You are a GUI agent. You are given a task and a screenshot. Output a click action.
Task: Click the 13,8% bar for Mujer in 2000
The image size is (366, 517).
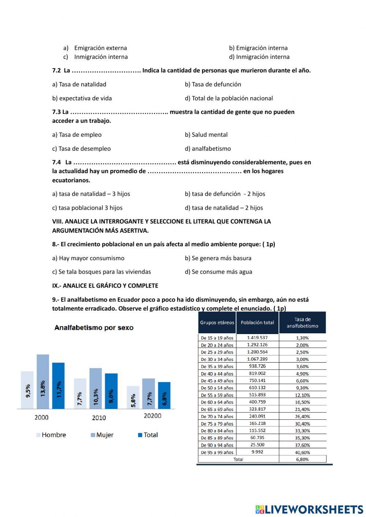pos(43,382)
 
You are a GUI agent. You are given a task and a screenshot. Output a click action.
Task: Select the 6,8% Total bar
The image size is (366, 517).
pos(164,396)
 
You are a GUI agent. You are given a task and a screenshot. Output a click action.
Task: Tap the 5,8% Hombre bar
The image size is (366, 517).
pos(133,397)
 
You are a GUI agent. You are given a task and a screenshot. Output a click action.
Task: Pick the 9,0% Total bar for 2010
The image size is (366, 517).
pos(111,391)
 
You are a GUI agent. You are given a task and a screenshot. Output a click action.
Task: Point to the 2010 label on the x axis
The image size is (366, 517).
pos(99,417)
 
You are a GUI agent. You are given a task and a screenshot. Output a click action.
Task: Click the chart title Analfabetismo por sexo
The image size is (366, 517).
pos(94,328)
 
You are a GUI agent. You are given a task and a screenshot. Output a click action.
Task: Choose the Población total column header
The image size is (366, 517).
pos(257,322)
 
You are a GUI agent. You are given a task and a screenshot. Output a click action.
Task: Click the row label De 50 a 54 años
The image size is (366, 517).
pos(217,388)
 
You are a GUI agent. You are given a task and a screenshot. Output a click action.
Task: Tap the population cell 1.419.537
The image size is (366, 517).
pos(257,338)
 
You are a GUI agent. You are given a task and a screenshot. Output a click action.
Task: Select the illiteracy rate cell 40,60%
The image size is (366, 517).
pos(302,453)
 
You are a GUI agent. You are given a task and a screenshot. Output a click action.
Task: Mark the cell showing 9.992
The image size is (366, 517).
pos(257,452)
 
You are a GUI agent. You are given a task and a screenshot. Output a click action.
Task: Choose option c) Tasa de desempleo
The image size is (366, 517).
pos(81,149)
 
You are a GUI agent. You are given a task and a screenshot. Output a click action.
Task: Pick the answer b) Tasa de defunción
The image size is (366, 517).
pos(213,84)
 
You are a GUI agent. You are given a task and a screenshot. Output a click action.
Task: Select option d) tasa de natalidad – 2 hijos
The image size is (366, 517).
pos(224,208)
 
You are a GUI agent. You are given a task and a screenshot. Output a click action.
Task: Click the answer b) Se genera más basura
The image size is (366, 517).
pos(218,258)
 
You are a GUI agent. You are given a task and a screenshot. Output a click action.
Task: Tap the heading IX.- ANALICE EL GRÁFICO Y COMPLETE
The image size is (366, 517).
pos(105,286)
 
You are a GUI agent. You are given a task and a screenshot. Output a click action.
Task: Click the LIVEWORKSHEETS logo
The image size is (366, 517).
pos(309,509)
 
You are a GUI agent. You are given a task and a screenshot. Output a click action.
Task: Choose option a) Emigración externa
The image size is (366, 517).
pos(95,48)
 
